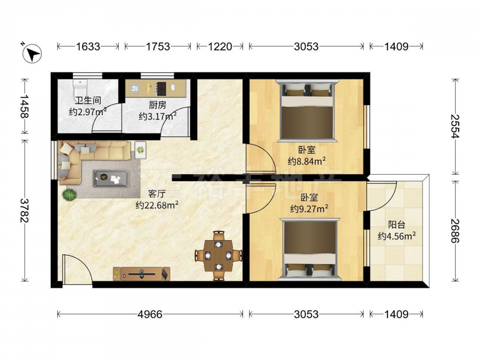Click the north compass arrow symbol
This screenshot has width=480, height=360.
click(32, 54)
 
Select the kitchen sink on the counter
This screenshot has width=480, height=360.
click(134, 88)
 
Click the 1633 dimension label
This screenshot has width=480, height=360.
click(88, 47)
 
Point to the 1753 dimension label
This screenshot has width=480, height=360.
click(157, 47)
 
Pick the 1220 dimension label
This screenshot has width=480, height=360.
click(220, 47)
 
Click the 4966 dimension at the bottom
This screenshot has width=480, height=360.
click(150, 314)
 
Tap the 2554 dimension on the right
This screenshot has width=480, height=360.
click(456, 126)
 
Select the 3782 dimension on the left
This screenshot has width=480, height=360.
click(24, 211)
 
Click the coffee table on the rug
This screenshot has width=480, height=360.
click(111, 178)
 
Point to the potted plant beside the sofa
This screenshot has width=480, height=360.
click(70, 194)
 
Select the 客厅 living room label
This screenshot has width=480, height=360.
click(157, 194)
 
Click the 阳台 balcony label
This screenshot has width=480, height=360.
click(397, 225)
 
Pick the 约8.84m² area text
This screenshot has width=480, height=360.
click(306, 161)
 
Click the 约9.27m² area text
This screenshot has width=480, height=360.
click(309, 209)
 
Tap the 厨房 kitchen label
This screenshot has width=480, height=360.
click(157, 105)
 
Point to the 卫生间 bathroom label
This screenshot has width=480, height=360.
click(88, 100)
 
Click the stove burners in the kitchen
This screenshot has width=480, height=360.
click(161, 88)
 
